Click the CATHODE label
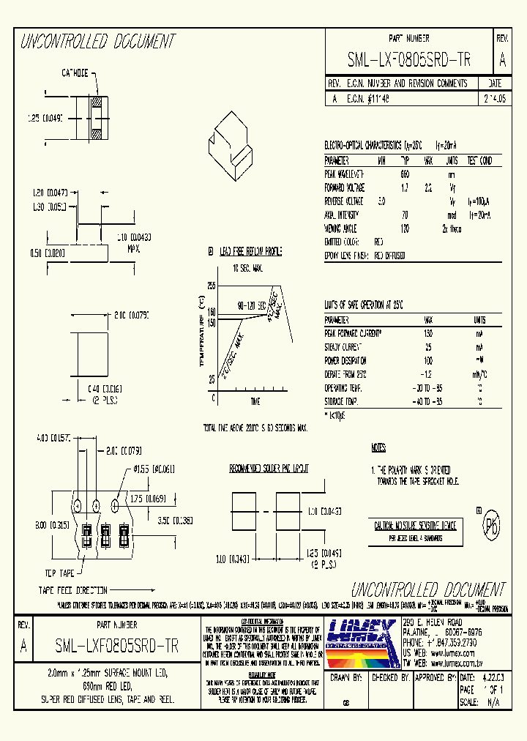75,73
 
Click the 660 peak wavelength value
405,174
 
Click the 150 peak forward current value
428,333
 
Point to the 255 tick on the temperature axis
212,285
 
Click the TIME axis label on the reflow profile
255,402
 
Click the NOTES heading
378,447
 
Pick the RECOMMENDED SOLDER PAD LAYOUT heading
269,468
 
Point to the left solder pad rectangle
242,510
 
